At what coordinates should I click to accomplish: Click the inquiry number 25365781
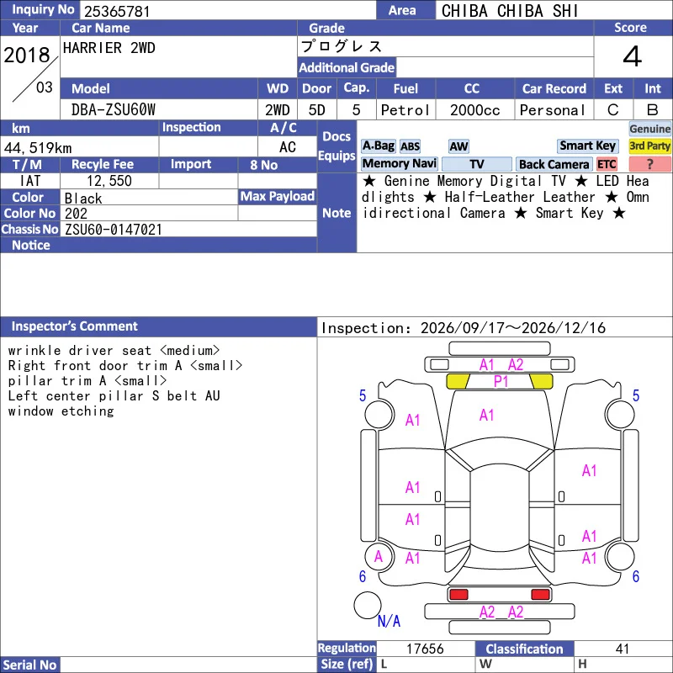click(x=117, y=11)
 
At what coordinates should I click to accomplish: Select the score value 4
click(x=633, y=56)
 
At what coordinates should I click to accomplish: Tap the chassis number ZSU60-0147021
click(x=114, y=230)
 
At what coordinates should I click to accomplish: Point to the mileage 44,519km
click(x=38, y=148)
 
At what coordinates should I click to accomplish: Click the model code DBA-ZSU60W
click(x=114, y=110)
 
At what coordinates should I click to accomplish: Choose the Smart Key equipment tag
click(x=587, y=146)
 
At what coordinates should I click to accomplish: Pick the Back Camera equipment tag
click(x=554, y=164)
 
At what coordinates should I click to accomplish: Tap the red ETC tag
click(x=607, y=164)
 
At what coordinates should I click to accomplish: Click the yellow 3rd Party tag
click(x=649, y=146)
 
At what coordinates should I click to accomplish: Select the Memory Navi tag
click(x=399, y=163)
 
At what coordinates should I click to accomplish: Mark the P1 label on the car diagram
click(x=501, y=381)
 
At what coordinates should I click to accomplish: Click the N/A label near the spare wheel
click(x=389, y=621)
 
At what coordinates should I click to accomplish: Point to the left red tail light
click(x=458, y=594)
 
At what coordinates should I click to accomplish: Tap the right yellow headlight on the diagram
click(x=542, y=381)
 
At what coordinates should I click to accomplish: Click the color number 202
click(x=76, y=214)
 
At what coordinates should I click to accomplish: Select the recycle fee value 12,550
click(x=109, y=181)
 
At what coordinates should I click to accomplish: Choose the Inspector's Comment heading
click(x=74, y=326)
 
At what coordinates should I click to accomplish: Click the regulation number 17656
click(x=425, y=649)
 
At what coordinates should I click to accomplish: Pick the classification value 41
click(x=623, y=649)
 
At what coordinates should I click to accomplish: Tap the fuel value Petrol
click(x=405, y=110)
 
